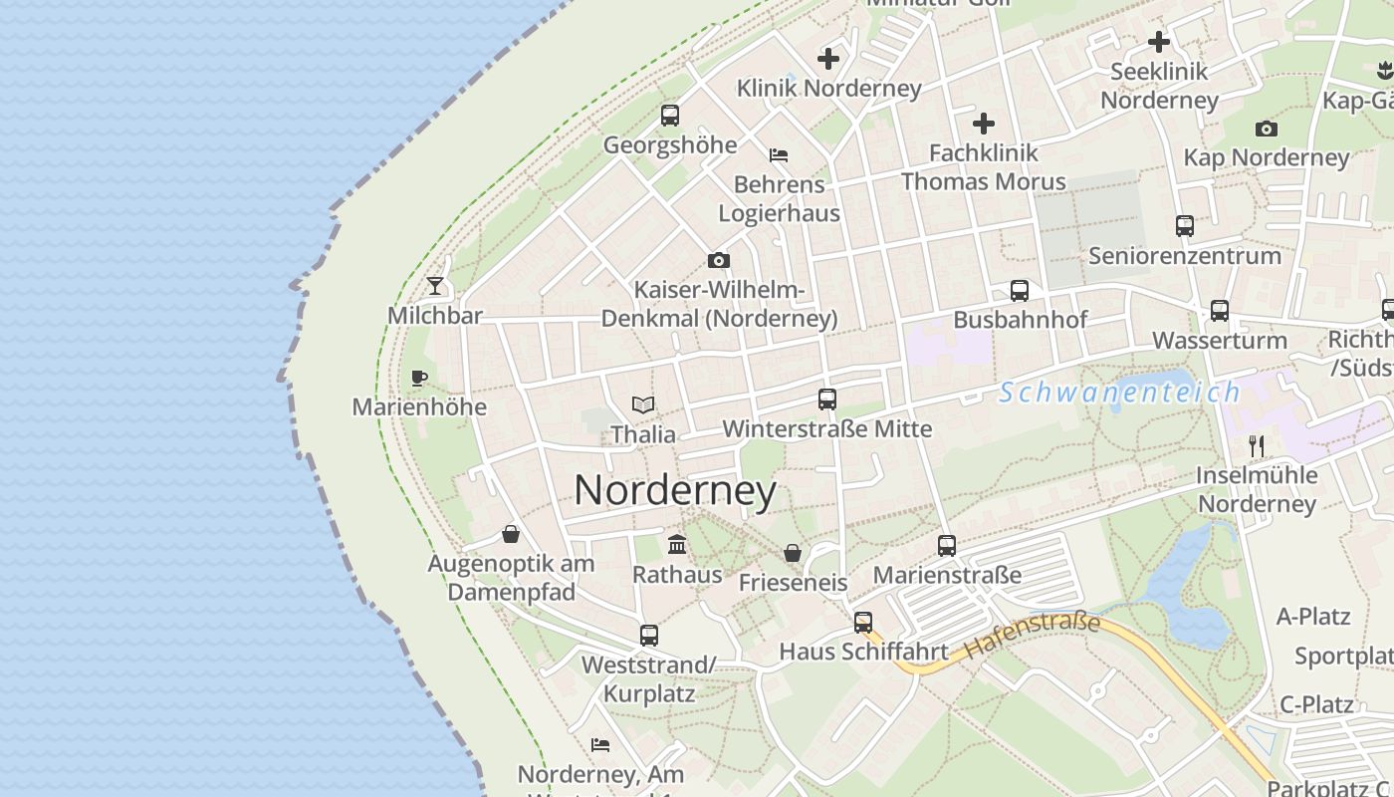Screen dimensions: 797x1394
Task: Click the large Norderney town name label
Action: (x=675, y=490)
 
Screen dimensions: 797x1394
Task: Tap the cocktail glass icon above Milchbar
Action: (x=435, y=286)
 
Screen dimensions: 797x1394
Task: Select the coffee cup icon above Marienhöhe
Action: (x=419, y=378)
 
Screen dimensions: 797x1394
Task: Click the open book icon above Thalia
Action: (x=643, y=405)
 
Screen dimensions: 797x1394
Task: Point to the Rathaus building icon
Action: (x=677, y=544)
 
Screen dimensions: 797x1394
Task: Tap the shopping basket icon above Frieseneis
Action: (x=793, y=553)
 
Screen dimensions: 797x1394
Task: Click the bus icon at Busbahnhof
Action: (x=1020, y=291)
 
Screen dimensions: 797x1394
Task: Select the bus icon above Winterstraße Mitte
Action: (x=826, y=399)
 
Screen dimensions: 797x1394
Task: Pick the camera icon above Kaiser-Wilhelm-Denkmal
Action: (x=719, y=261)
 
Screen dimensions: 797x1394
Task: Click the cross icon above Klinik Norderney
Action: (x=828, y=59)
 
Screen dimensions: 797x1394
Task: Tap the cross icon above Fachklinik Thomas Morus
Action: (x=984, y=124)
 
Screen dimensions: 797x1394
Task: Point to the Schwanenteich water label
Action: (x=1120, y=393)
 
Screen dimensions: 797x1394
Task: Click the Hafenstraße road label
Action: (x=1033, y=636)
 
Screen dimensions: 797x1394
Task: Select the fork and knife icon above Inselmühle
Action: (x=1257, y=445)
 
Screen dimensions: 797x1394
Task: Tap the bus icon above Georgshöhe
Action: (x=670, y=116)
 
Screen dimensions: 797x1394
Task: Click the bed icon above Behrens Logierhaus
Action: (x=779, y=155)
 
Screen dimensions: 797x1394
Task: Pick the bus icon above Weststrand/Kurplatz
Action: (x=649, y=635)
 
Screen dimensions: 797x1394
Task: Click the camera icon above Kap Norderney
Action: (x=1267, y=129)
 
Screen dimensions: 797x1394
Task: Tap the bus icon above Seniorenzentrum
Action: (x=1184, y=226)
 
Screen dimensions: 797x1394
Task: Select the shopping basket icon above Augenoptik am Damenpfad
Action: (x=511, y=535)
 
